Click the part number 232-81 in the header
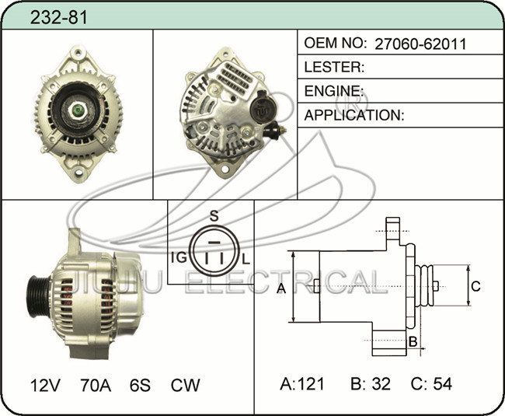tap(58, 17)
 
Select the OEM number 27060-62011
tap(420, 44)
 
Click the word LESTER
tap(334, 67)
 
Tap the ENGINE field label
tap(334, 91)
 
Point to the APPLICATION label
tap(354, 115)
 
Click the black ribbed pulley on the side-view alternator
tap(39, 297)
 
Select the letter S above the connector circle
tap(214, 216)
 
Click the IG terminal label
tap(179, 257)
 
